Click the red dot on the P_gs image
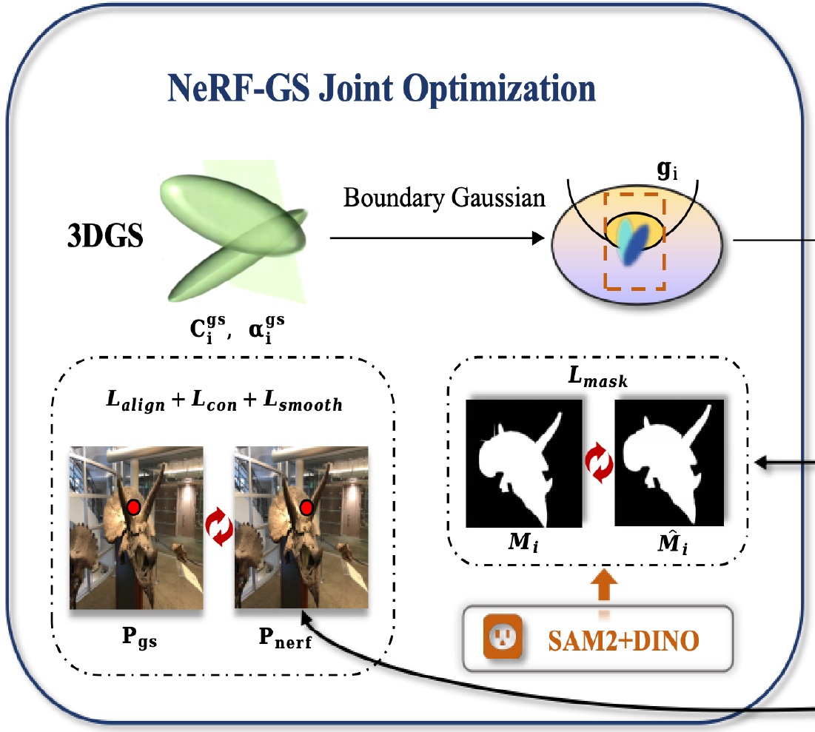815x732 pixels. (x=133, y=508)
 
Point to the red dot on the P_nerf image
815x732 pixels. (x=305, y=508)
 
